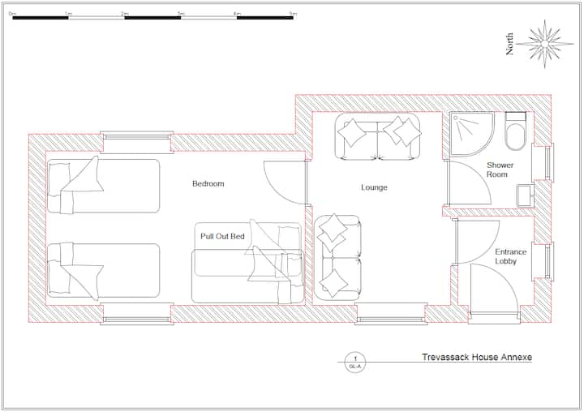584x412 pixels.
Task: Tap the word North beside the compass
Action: tap(510, 44)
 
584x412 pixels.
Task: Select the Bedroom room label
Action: tap(208, 184)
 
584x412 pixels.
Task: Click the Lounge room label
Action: tap(374, 188)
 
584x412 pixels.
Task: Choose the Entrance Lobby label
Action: tap(511, 256)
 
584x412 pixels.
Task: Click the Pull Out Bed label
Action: tap(222, 236)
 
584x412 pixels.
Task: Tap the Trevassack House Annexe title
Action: tap(477, 357)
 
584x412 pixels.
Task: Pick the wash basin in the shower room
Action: tap(525, 195)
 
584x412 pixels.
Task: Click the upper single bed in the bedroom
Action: tap(103, 186)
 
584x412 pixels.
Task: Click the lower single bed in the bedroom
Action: tap(103, 270)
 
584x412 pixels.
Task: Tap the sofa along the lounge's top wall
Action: tap(379, 139)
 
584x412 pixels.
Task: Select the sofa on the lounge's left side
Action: tap(338, 257)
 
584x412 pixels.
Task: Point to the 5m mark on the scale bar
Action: tap(293, 14)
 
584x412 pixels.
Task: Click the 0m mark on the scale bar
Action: tap(13, 14)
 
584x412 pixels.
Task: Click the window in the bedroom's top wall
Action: tap(136, 141)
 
